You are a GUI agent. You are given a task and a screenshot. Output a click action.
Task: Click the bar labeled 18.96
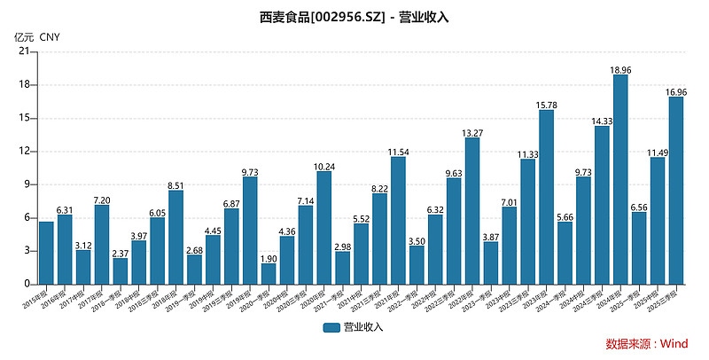(x=620, y=179)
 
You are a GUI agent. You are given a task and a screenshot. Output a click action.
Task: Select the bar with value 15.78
(x=547, y=197)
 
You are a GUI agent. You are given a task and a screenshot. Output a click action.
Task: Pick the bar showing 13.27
(x=472, y=210)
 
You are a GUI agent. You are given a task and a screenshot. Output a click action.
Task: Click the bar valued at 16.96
(x=676, y=190)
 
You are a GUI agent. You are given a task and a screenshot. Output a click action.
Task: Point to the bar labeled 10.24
(x=324, y=227)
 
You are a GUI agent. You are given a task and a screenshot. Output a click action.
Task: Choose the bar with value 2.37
(x=121, y=270)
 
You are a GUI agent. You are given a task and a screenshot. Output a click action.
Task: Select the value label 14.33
(x=602, y=121)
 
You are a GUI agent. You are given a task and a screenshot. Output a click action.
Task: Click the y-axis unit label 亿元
(x=24, y=37)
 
